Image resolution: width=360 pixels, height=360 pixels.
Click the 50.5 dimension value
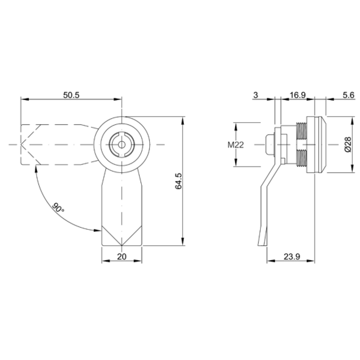point(71,95)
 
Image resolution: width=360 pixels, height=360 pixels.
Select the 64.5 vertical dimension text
point(178,181)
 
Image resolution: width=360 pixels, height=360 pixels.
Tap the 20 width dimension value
point(122,257)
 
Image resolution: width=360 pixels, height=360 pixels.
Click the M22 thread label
point(235,145)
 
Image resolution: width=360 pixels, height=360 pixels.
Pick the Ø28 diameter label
point(348,144)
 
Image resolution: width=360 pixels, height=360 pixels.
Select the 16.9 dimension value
point(297,95)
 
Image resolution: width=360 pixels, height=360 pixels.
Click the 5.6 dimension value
point(348,95)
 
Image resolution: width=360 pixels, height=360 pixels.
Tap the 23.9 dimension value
point(292,257)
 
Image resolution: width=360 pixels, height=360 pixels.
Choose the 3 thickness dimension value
point(255,95)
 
